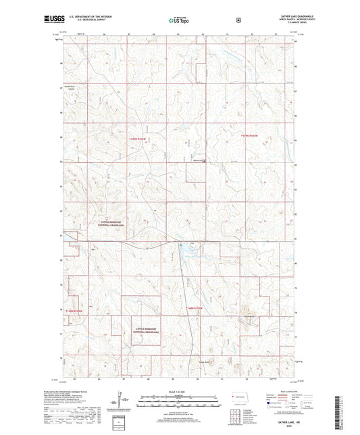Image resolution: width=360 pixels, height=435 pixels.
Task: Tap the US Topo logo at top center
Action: [179, 20]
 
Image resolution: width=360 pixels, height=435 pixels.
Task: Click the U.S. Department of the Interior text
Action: [94, 18]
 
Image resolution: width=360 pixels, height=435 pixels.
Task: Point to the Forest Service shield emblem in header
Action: [238, 20]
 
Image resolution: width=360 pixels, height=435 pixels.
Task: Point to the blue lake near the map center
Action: [186, 253]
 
